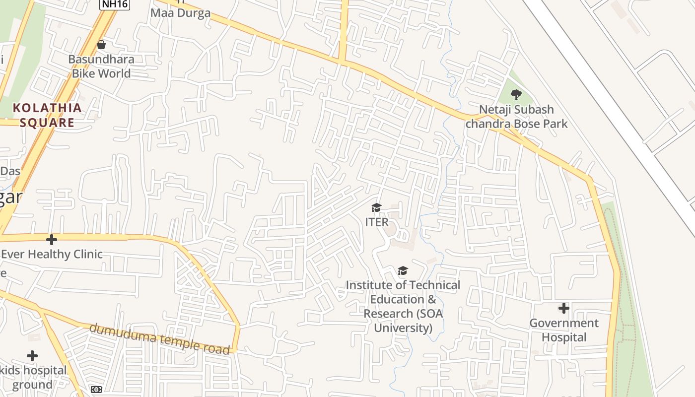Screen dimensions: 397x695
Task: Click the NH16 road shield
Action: coord(114,4)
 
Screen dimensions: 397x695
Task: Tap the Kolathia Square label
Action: coord(47,115)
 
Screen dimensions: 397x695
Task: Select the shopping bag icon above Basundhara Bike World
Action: coord(101,45)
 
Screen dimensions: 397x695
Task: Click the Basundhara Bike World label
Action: coord(101,66)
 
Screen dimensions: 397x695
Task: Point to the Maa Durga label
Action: coord(180,13)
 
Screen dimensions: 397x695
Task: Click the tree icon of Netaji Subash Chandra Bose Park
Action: coord(516,94)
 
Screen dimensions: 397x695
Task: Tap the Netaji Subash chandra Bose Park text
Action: coord(516,117)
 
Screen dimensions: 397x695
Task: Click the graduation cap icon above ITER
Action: coord(377,207)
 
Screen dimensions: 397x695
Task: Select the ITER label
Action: coord(377,222)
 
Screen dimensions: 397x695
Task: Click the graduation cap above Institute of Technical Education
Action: coord(403,270)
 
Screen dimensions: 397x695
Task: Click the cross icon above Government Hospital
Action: coord(563,308)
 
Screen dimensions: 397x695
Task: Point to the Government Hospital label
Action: coord(564,331)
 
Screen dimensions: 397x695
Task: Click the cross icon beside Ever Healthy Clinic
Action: coord(51,240)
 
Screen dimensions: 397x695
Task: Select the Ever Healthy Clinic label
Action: coord(52,254)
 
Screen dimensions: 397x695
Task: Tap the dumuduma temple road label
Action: coord(160,339)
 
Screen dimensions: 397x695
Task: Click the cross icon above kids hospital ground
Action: coord(32,356)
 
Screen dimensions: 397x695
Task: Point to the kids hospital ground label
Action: coord(33,378)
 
